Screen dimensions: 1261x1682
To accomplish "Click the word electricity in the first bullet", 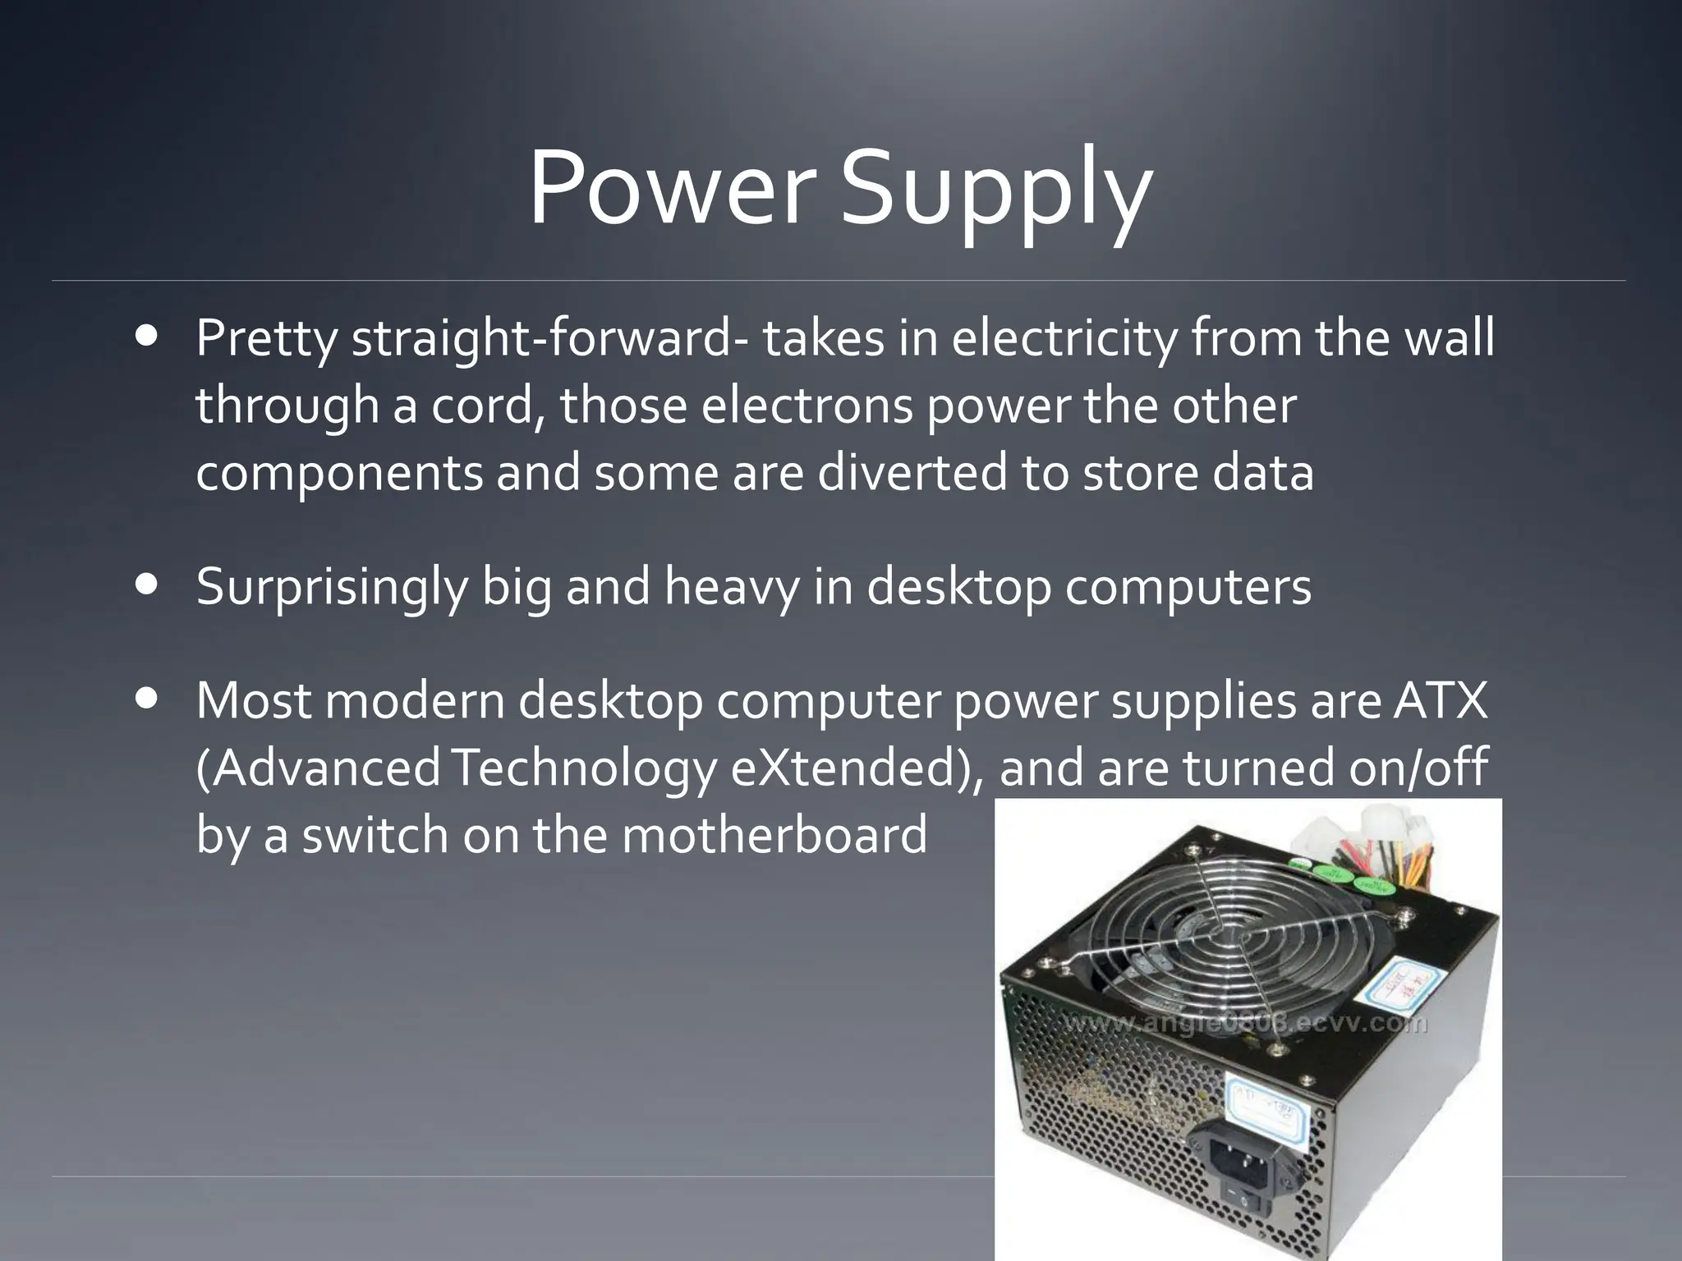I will coord(1064,338).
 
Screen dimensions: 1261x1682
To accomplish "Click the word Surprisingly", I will coord(332,588).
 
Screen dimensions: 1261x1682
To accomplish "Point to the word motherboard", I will coord(774,835).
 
